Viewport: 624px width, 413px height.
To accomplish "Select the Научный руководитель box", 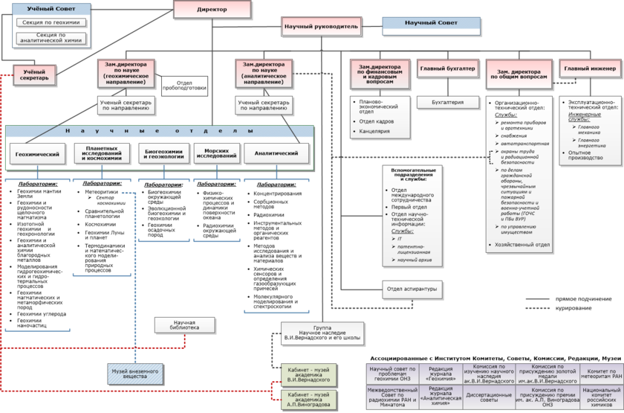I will [x=322, y=26].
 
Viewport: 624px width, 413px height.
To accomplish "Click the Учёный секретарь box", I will [x=35, y=74].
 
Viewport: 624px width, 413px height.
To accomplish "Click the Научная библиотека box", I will [x=184, y=324].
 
